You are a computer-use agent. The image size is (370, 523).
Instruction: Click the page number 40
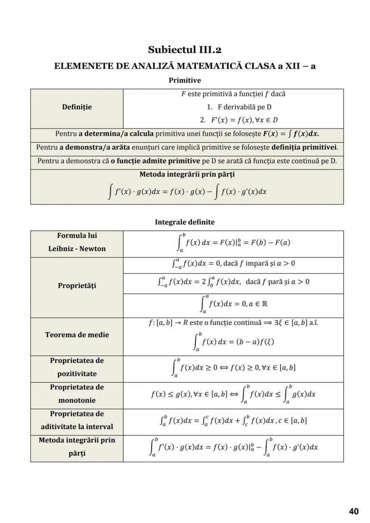pos(353,511)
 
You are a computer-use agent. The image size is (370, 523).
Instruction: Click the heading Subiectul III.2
pos(185,50)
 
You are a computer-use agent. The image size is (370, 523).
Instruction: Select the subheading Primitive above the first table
pos(185,80)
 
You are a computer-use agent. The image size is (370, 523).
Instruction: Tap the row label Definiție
pos(77,107)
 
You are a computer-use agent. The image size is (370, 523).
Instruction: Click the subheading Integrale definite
pos(185,222)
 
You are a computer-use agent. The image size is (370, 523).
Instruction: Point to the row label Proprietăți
pos(77,286)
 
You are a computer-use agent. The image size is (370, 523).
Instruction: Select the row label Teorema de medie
pos(77,335)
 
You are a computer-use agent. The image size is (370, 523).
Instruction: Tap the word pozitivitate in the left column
pos(77,374)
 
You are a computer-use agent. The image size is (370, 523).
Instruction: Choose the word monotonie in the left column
pos(77,400)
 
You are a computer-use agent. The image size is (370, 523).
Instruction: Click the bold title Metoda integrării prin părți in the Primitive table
pos(187,174)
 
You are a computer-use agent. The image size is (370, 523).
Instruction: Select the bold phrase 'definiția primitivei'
pos(304,147)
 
